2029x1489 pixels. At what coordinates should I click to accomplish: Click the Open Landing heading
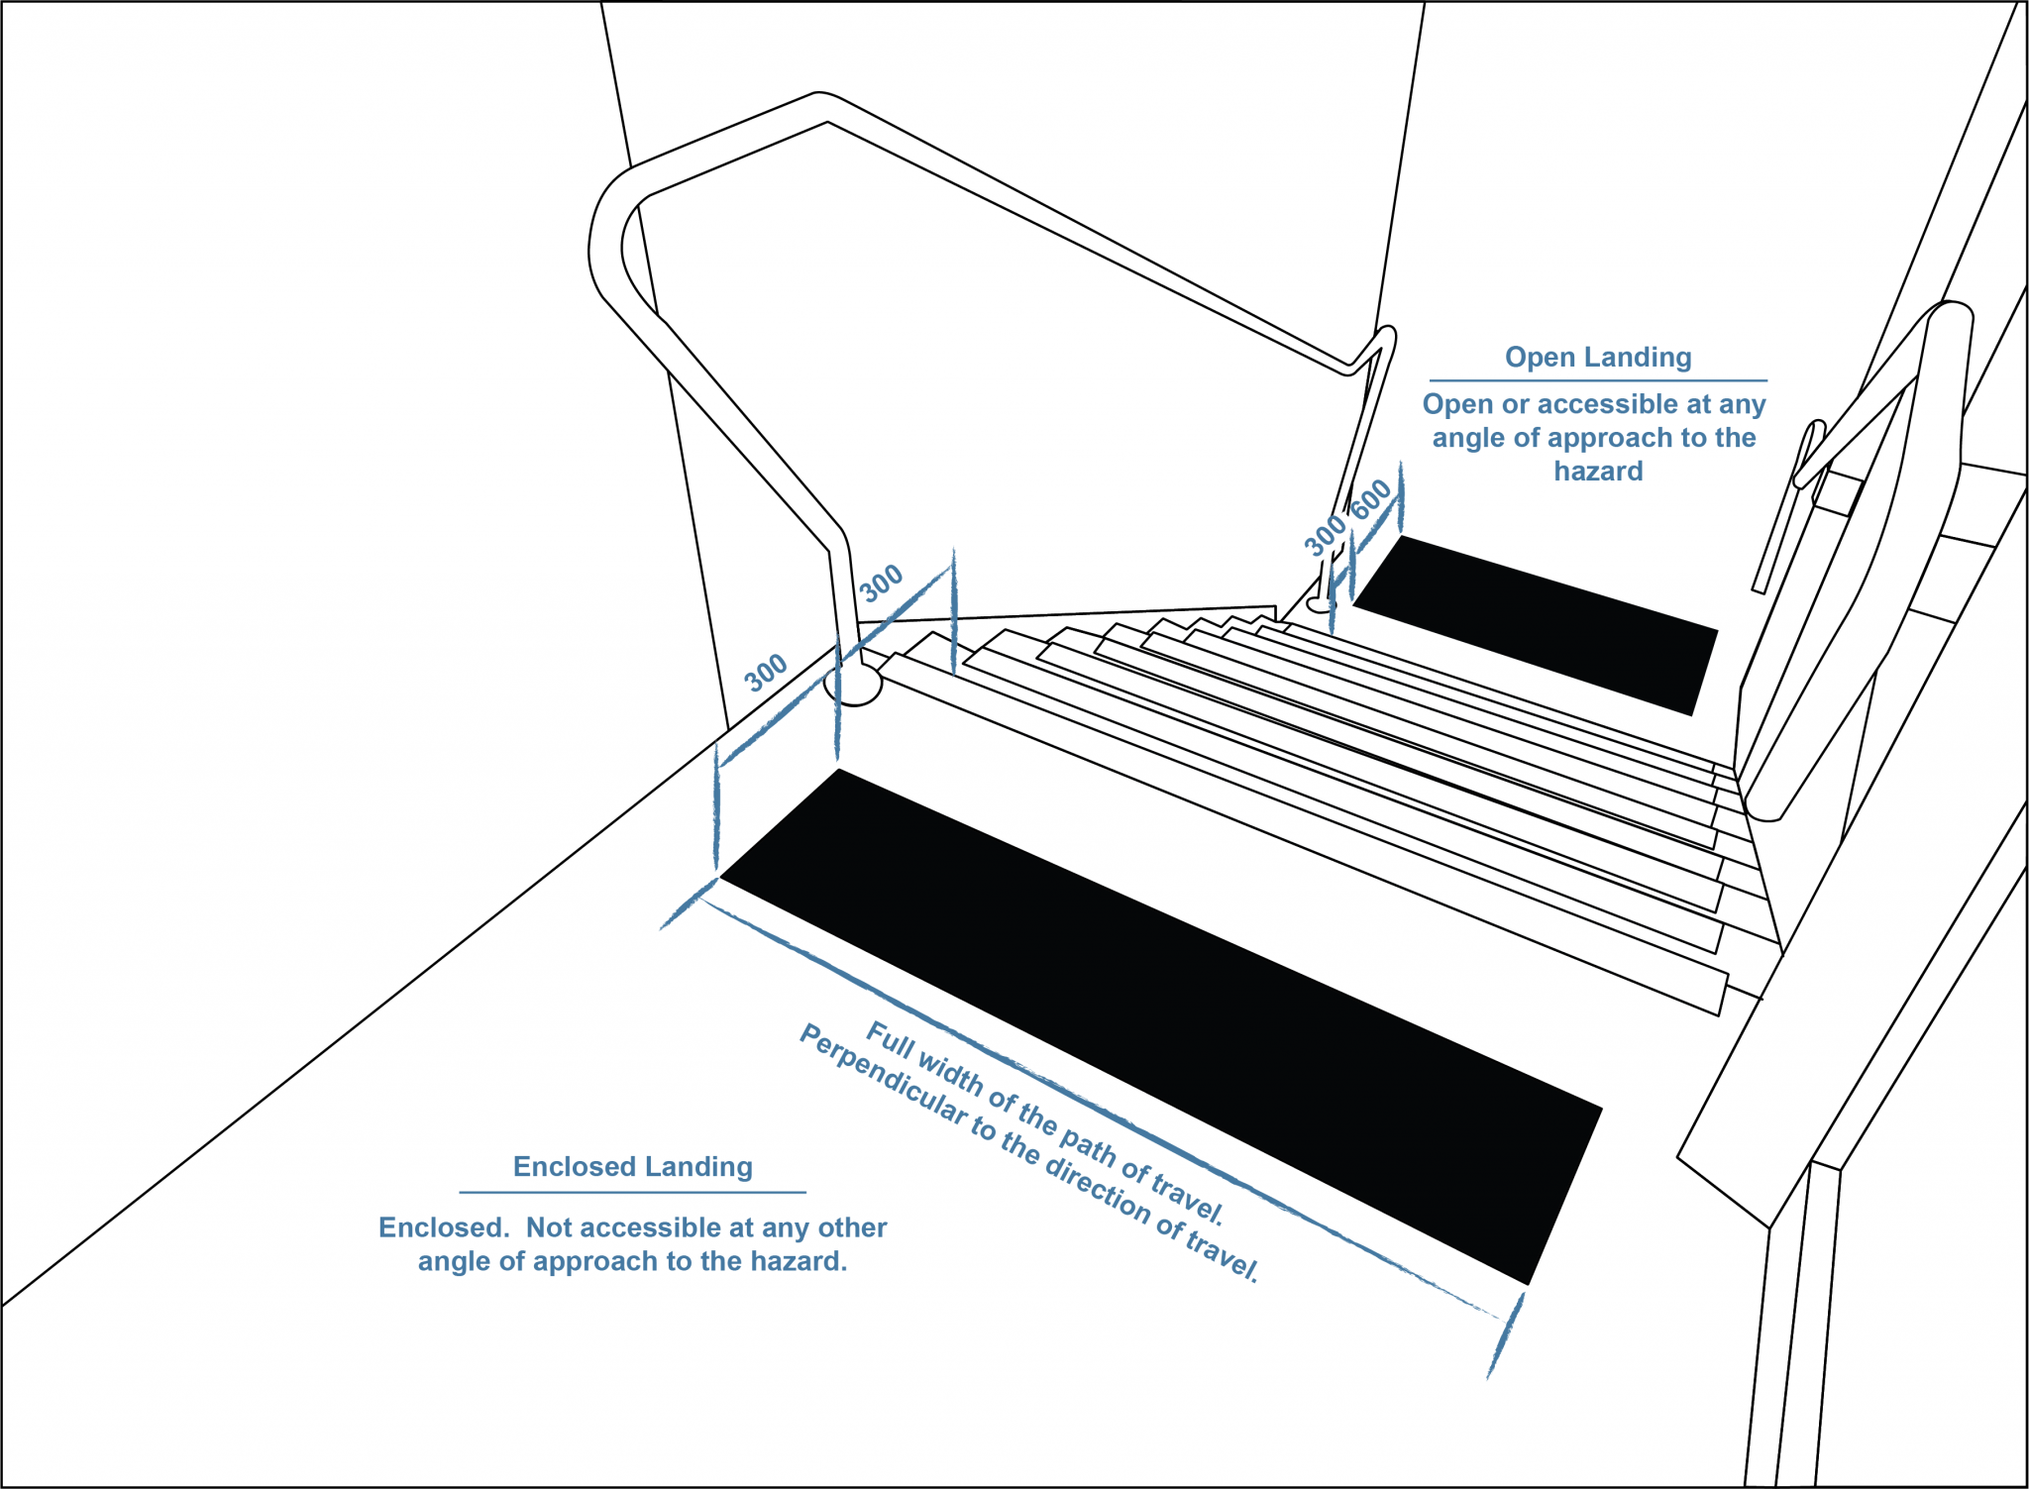[1597, 357]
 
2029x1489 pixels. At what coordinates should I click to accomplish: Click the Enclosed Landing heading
[632, 1166]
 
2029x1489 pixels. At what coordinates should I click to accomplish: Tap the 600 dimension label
[1372, 499]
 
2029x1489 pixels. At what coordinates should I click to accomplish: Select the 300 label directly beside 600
[1325, 535]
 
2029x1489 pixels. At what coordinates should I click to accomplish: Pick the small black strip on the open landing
[1536, 624]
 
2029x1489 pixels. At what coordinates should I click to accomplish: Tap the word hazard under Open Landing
[1597, 472]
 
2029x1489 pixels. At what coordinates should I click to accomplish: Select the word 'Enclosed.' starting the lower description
[444, 1227]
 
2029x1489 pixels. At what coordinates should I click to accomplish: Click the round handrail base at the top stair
[854, 684]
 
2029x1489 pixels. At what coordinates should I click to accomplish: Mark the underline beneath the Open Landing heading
[1597, 380]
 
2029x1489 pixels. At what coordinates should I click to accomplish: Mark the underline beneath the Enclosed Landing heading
[632, 1192]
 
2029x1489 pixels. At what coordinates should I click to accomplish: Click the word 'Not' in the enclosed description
[547, 1227]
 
